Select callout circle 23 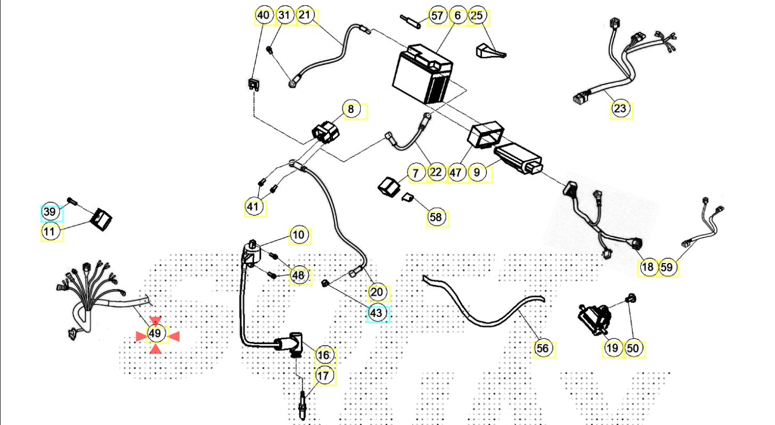coord(620,109)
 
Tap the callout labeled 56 coord(542,349)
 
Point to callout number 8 coord(350,110)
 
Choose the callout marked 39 coord(50,213)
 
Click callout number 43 coord(377,313)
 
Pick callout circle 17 coord(323,376)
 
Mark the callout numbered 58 coord(436,217)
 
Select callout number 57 coord(437,15)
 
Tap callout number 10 coord(298,235)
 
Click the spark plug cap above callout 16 coord(290,344)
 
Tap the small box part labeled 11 coord(102,219)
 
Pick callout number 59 coord(667,267)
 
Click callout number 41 coord(255,206)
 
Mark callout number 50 coord(633,349)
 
